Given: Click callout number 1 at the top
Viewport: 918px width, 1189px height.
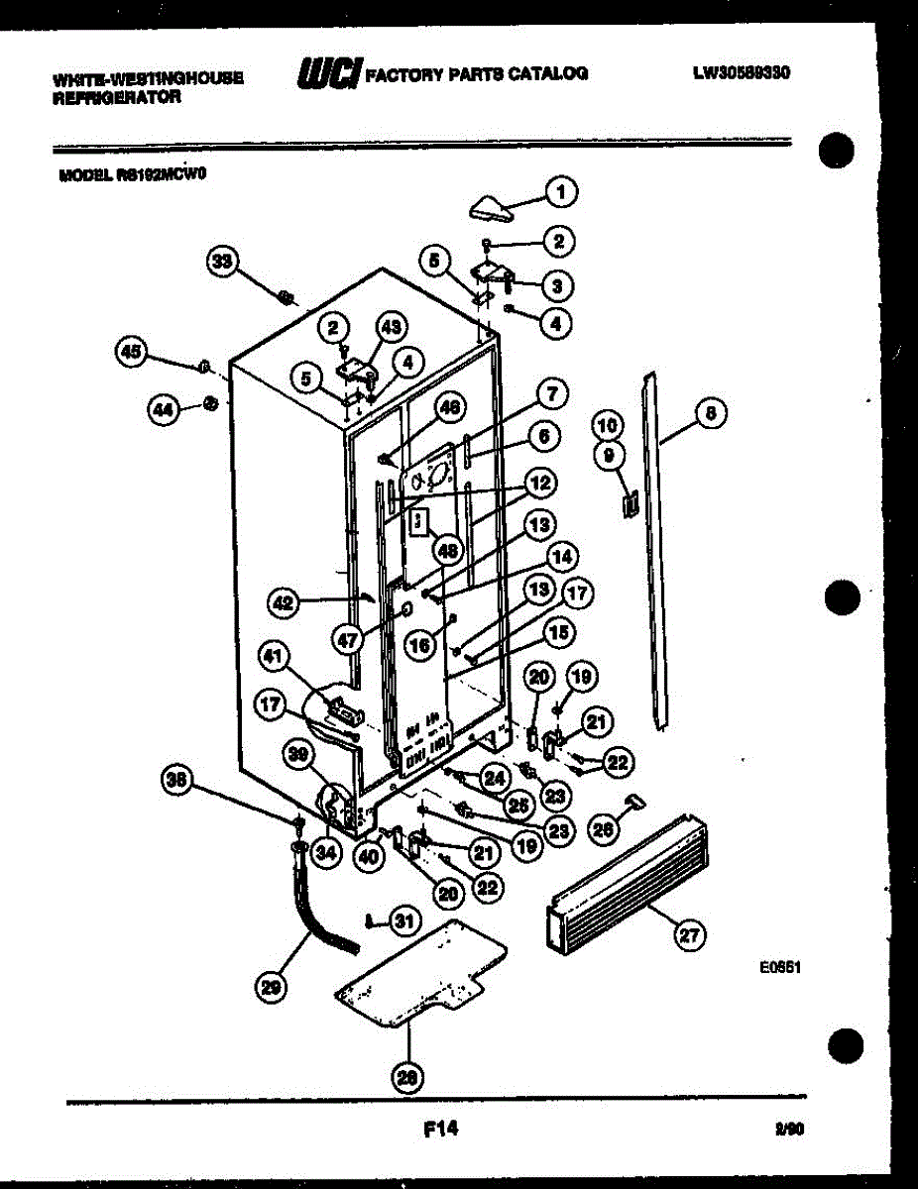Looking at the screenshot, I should point(562,190).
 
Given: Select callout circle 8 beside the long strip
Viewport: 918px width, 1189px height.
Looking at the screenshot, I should point(710,411).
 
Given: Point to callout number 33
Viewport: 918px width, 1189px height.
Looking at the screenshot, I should point(223,262).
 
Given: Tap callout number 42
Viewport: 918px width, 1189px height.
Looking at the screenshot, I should point(285,601).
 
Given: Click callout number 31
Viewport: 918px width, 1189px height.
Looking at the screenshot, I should point(402,920).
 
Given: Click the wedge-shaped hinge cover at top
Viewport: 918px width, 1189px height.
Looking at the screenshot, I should point(492,208).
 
